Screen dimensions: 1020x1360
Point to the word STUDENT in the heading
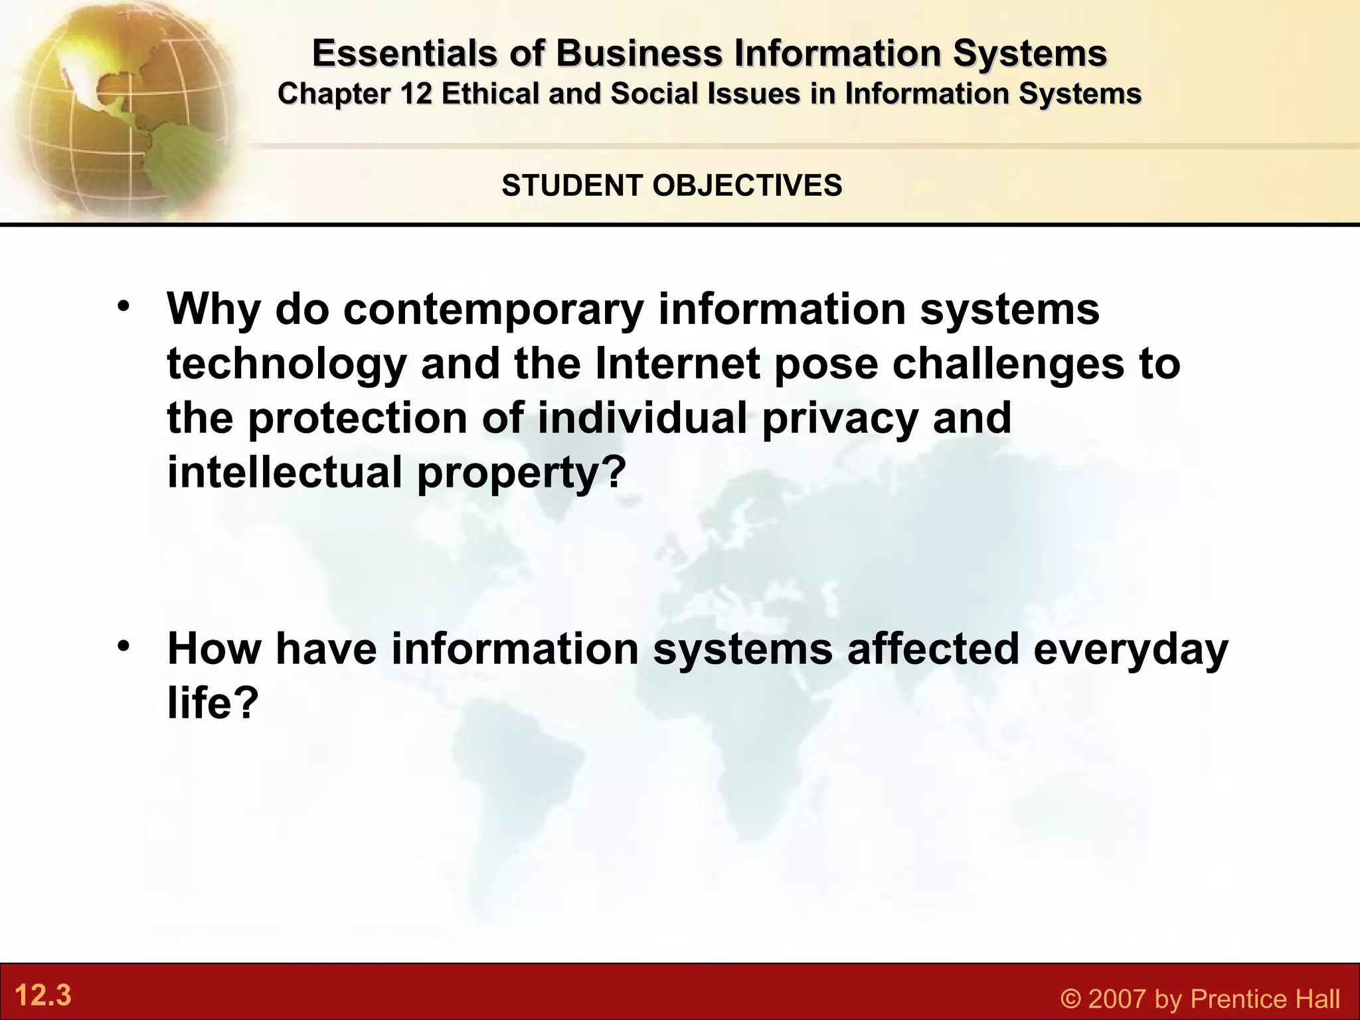pyautogui.click(x=573, y=185)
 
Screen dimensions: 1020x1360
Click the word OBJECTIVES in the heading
pyautogui.click(x=748, y=185)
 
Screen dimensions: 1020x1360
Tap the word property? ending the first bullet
pyautogui.click(x=522, y=473)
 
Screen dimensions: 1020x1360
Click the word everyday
pyautogui.click(x=1131, y=650)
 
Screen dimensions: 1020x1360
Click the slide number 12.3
pyautogui.click(x=42, y=996)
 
